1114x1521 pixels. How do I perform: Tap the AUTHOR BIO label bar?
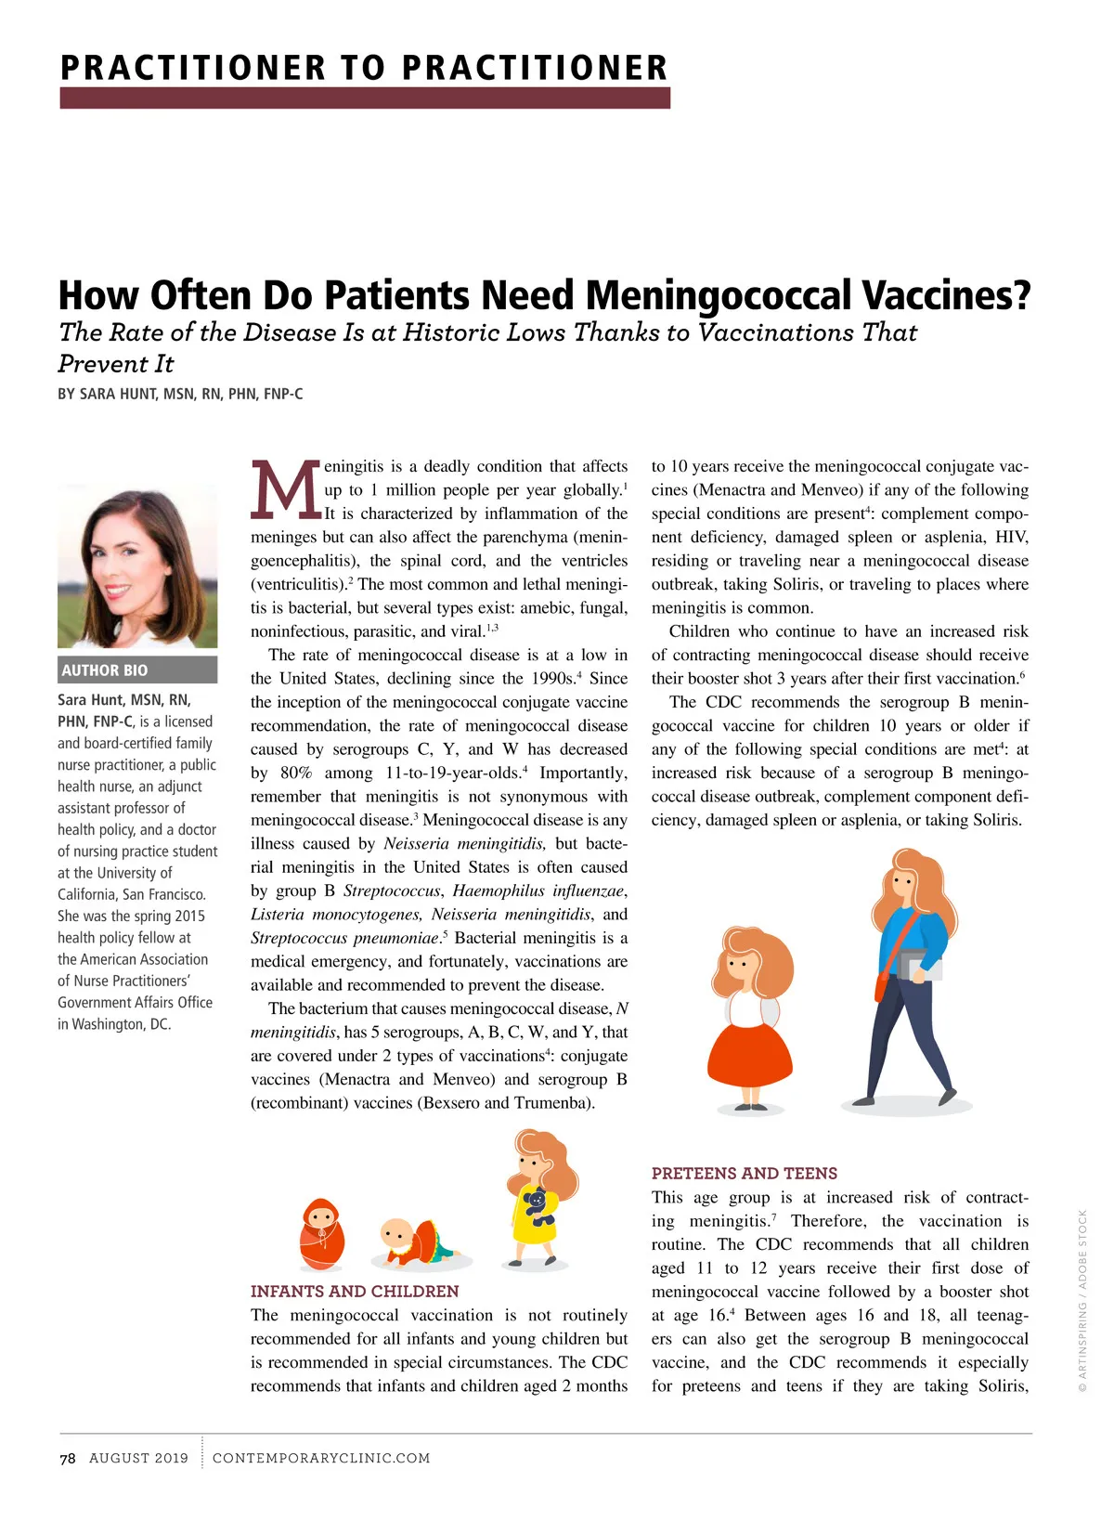(x=137, y=669)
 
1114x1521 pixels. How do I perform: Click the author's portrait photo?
(x=137, y=565)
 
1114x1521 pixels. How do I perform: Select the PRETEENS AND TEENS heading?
(x=744, y=1173)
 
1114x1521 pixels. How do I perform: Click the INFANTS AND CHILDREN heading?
(x=355, y=1291)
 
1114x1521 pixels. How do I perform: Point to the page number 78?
(x=68, y=1458)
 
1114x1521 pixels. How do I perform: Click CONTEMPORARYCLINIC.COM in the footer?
(x=321, y=1458)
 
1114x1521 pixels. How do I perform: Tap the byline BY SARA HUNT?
(x=180, y=394)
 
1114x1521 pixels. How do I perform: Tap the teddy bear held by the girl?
(x=538, y=1206)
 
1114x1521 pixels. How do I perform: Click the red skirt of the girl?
(x=748, y=1056)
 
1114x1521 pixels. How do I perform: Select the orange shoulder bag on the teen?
(x=882, y=985)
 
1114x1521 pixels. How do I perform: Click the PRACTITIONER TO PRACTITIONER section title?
(x=364, y=68)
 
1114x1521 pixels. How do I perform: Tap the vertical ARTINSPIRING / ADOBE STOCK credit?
(x=1082, y=1300)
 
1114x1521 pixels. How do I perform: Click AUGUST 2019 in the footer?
(x=138, y=1458)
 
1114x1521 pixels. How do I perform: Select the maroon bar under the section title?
(x=364, y=98)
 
